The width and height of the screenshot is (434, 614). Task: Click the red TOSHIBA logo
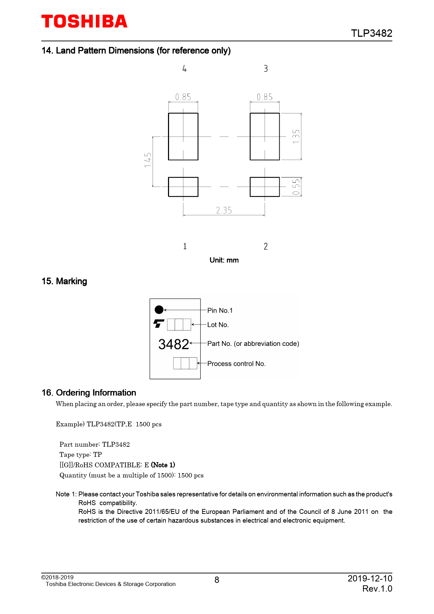point(84,22)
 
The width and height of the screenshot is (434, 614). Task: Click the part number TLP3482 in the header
point(371,33)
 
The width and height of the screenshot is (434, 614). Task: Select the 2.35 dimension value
point(224,210)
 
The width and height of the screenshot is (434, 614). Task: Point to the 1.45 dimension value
point(148,160)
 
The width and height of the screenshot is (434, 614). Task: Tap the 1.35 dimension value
point(296,137)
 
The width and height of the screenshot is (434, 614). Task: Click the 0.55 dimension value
point(296,187)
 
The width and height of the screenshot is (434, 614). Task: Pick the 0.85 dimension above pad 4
point(183,97)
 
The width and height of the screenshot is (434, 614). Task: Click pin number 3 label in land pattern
point(266,69)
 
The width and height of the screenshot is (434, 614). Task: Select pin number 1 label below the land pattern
point(185,246)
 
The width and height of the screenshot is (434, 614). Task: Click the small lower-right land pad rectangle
point(265,187)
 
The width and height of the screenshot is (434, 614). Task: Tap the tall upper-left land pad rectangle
point(183,137)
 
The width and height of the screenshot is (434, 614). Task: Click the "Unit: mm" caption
point(224,260)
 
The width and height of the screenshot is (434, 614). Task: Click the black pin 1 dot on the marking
point(159,310)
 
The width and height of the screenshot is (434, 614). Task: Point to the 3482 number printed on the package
point(174,344)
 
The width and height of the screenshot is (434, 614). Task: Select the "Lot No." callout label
point(218,325)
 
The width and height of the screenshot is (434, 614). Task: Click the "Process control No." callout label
point(236,364)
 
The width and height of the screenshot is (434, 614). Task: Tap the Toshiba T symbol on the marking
point(159,324)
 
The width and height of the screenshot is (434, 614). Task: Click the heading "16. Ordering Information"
point(89,393)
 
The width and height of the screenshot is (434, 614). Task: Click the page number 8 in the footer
point(217,580)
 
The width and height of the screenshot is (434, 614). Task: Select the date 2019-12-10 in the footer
point(370,578)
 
